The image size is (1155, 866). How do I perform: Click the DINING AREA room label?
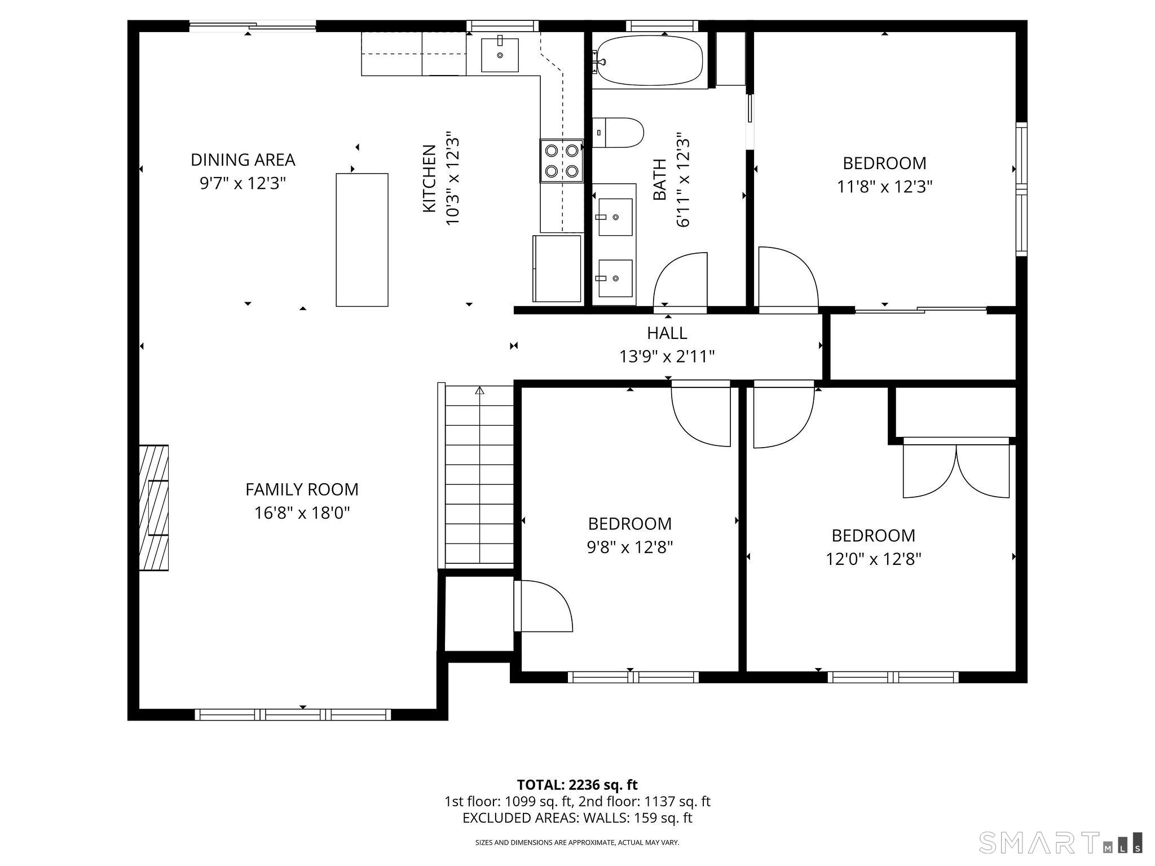pos(243,160)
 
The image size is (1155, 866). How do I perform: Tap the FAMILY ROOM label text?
pos(302,489)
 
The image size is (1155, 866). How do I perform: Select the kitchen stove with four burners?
pos(562,161)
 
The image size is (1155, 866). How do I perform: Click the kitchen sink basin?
pos(500,55)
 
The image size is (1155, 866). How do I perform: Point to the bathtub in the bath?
pos(650,60)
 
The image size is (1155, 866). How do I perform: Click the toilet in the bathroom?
pos(618,132)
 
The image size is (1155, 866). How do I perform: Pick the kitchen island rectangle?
pos(362,240)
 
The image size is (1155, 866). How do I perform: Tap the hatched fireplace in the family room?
pos(154,508)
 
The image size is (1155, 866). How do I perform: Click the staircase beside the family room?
pos(479,475)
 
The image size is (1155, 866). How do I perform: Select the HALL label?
pos(667,333)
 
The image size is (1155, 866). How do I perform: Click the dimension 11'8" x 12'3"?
pos(885,187)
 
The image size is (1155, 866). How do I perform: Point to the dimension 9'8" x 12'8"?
pos(630,547)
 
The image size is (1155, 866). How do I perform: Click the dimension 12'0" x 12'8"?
pos(874,559)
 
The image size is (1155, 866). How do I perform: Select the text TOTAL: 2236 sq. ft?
pos(577,785)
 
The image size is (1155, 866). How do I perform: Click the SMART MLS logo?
pos(1061,842)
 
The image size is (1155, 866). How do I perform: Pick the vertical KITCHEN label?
pos(429,179)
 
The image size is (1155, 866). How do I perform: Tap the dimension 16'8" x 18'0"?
pos(302,513)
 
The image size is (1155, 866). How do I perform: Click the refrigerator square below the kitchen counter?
pos(557,268)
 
